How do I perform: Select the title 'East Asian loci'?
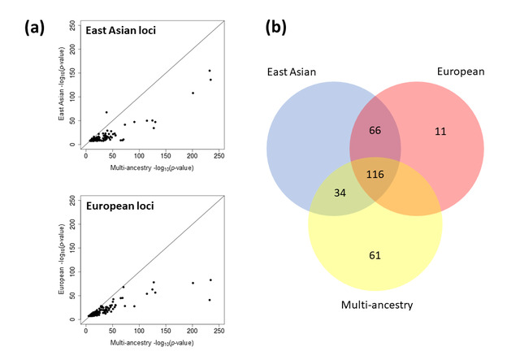(x=123, y=31)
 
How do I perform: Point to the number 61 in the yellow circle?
(x=374, y=256)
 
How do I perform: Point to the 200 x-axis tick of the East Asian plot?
(x=193, y=156)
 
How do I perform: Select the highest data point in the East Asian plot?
(x=210, y=71)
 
